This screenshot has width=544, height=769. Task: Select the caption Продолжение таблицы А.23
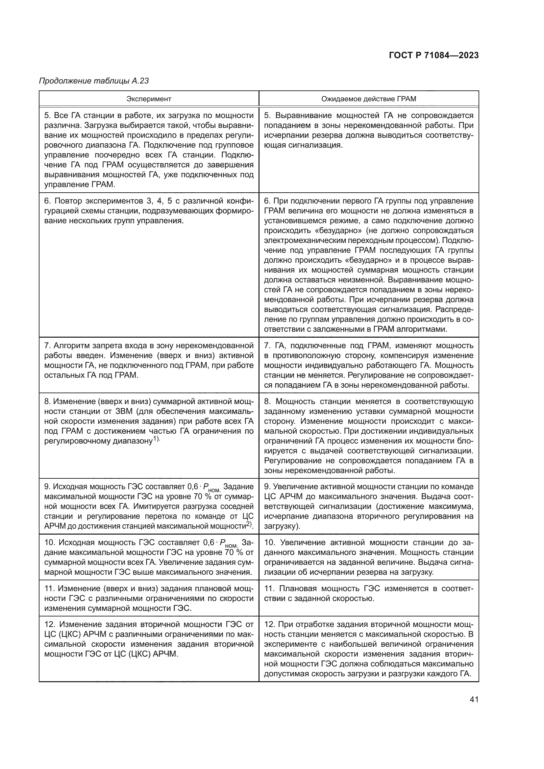tap(94, 81)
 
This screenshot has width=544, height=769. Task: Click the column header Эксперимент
tap(149, 99)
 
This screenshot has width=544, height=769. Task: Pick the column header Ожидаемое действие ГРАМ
tap(368, 99)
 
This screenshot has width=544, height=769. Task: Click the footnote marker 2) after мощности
tap(249, 525)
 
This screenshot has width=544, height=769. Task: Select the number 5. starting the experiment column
tap(47, 116)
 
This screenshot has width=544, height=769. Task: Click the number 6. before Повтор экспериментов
tap(47, 201)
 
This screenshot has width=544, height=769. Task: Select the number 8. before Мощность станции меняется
tap(267, 401)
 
